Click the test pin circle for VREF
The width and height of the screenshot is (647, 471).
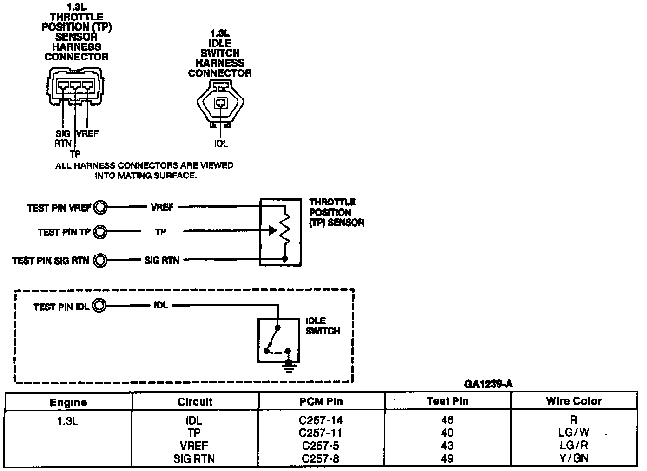100,207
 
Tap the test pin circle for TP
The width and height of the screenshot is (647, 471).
100,232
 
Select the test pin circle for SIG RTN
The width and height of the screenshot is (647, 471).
100,260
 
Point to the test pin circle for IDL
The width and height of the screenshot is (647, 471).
99,306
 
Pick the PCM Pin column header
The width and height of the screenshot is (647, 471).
321,401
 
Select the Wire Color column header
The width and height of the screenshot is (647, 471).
574,401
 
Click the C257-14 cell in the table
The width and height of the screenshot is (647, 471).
321,420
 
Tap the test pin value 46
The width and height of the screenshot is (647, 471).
447,420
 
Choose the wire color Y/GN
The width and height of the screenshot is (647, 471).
574,458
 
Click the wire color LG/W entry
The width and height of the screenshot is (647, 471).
574,432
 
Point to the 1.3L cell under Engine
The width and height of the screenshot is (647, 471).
68,420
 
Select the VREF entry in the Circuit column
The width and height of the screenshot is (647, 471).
194,445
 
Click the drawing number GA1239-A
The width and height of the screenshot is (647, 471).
488,384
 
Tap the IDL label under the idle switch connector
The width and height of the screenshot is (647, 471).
221,144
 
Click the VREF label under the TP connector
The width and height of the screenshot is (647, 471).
87,133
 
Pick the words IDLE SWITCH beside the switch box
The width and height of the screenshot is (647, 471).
323,326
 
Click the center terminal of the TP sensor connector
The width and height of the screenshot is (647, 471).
75,85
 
